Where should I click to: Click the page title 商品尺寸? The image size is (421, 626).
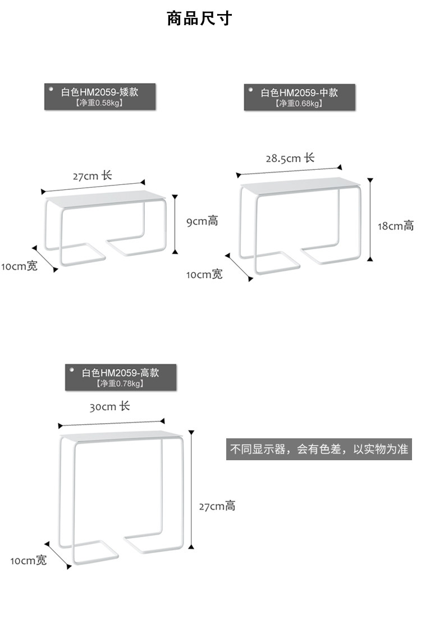tap(199, 19)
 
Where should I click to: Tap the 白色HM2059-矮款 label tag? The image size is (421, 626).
tap(99, 96)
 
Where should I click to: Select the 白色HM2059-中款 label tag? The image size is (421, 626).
tap(299, 96)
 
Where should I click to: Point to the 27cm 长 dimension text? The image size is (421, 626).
tap(92, 176)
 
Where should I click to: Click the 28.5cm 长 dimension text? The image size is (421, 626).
tap(290, 158)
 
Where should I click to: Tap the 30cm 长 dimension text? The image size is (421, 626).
tap(109, 406)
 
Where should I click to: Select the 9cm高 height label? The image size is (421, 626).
tap(202, 221)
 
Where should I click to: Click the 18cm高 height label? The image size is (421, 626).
tap(395, 226)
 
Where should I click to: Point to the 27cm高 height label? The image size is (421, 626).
tap(217, 506)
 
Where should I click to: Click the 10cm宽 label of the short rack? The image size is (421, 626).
tap(20, 266)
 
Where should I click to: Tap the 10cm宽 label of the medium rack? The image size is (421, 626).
tap(204, 275)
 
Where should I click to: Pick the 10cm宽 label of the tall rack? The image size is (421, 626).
tap(29, 561)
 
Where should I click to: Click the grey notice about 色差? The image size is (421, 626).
tap(319, 450)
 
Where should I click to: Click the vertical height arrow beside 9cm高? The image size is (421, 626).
tap(175, 224)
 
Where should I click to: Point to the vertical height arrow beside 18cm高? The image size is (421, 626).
tap(370, 219)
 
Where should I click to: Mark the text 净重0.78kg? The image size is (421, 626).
tap(120, 384)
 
